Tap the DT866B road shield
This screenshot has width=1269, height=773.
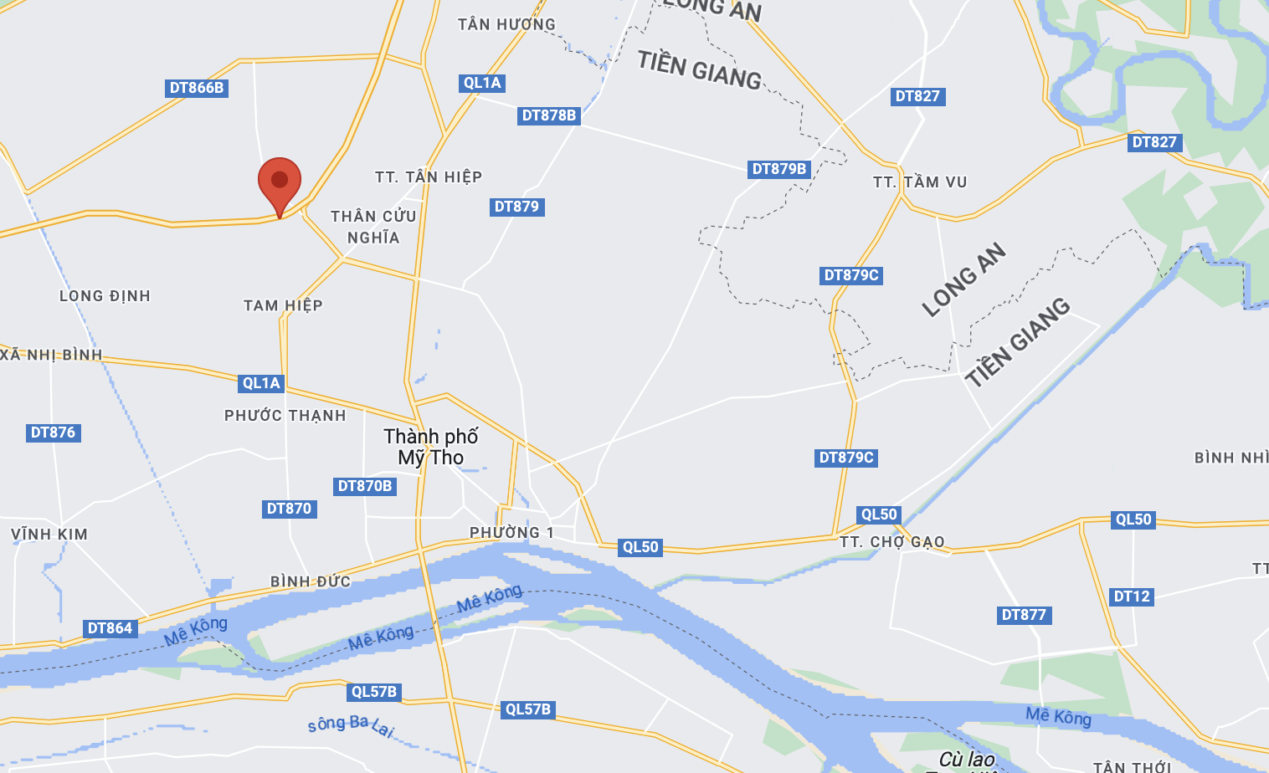(x=197, y=88)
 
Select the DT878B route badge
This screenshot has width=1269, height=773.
(x=549, y=115)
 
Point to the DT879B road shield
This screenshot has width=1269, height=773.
(x=779, y=169)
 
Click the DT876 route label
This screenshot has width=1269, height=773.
(x=53, y=433)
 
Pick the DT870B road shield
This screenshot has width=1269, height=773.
(x=365, y=486)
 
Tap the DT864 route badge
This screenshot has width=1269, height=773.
(x=110, y=628)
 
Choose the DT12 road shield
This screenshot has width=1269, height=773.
(x=1132, y=596)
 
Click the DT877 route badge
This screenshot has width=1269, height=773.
(x=1024, y=615)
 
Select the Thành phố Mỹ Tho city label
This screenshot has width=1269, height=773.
(x=431, y=447)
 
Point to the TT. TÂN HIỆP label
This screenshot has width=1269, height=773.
(x=429, y=177)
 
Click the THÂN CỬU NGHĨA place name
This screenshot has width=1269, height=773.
(x=373, y=227)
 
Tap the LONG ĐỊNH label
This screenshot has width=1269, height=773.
(x=105, y=296)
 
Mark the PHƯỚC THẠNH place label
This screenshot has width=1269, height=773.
(x=285, y=416)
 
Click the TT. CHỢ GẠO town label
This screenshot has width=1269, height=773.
(x=892, y=542)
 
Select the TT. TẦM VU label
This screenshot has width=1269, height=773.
(x=920, y=182)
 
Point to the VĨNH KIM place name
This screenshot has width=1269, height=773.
(x=49, y=535)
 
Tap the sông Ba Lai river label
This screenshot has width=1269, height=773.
(x=351, y=724)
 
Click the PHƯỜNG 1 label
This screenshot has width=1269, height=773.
(x=511, y=533)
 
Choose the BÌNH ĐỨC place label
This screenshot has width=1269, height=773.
(x=311, y=581)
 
